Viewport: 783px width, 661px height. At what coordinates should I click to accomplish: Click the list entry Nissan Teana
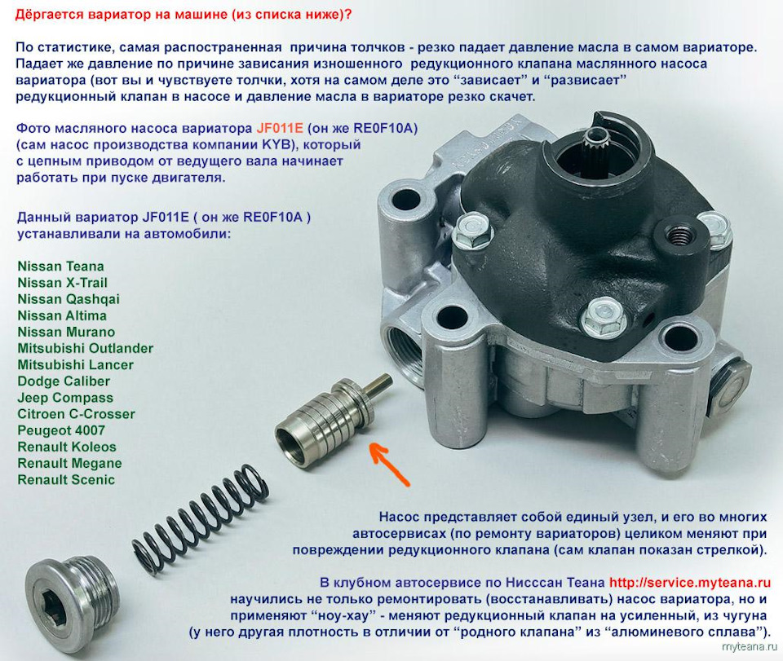tap(60, 267)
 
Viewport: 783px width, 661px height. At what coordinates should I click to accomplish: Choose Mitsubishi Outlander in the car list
tap(86, 348)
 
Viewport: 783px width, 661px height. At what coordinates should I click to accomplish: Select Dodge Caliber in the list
tap(64, 381)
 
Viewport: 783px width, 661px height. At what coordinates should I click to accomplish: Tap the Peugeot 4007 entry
tap(61, 430)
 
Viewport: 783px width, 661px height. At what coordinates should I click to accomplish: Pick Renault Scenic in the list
tap(66, 480)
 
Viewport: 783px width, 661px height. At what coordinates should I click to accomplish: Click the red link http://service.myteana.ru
tap(690, 582)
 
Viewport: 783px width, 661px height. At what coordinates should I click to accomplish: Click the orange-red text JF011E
tap(280, 128)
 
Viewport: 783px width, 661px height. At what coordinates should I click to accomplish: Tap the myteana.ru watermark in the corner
tap(750, 647)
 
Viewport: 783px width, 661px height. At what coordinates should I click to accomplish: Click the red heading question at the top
tap(184, 15)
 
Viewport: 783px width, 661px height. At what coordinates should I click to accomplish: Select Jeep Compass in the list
tap(65, 398)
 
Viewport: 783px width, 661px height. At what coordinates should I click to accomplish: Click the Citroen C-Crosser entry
tap(76, 414)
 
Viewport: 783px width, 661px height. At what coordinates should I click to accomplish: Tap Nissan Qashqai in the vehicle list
tap(69, 299)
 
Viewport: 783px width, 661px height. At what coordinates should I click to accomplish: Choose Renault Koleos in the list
tap(66, 447)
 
